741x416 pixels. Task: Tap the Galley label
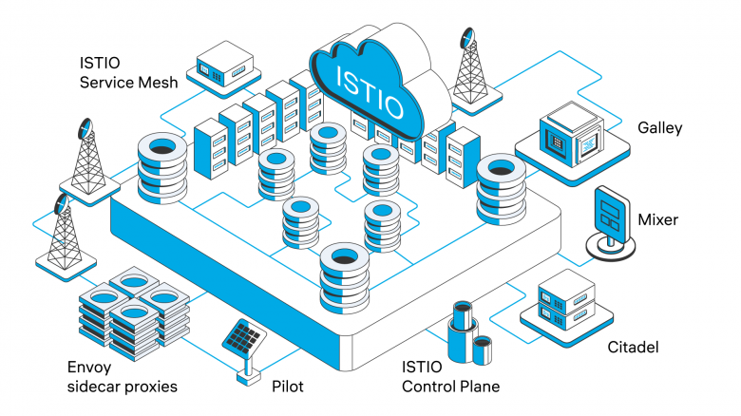(x=659, y=128)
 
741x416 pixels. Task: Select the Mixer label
(x=657, y=219)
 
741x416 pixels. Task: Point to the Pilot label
(x=288, y=387)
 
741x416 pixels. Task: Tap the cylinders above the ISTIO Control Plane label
(x=470, y=332)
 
